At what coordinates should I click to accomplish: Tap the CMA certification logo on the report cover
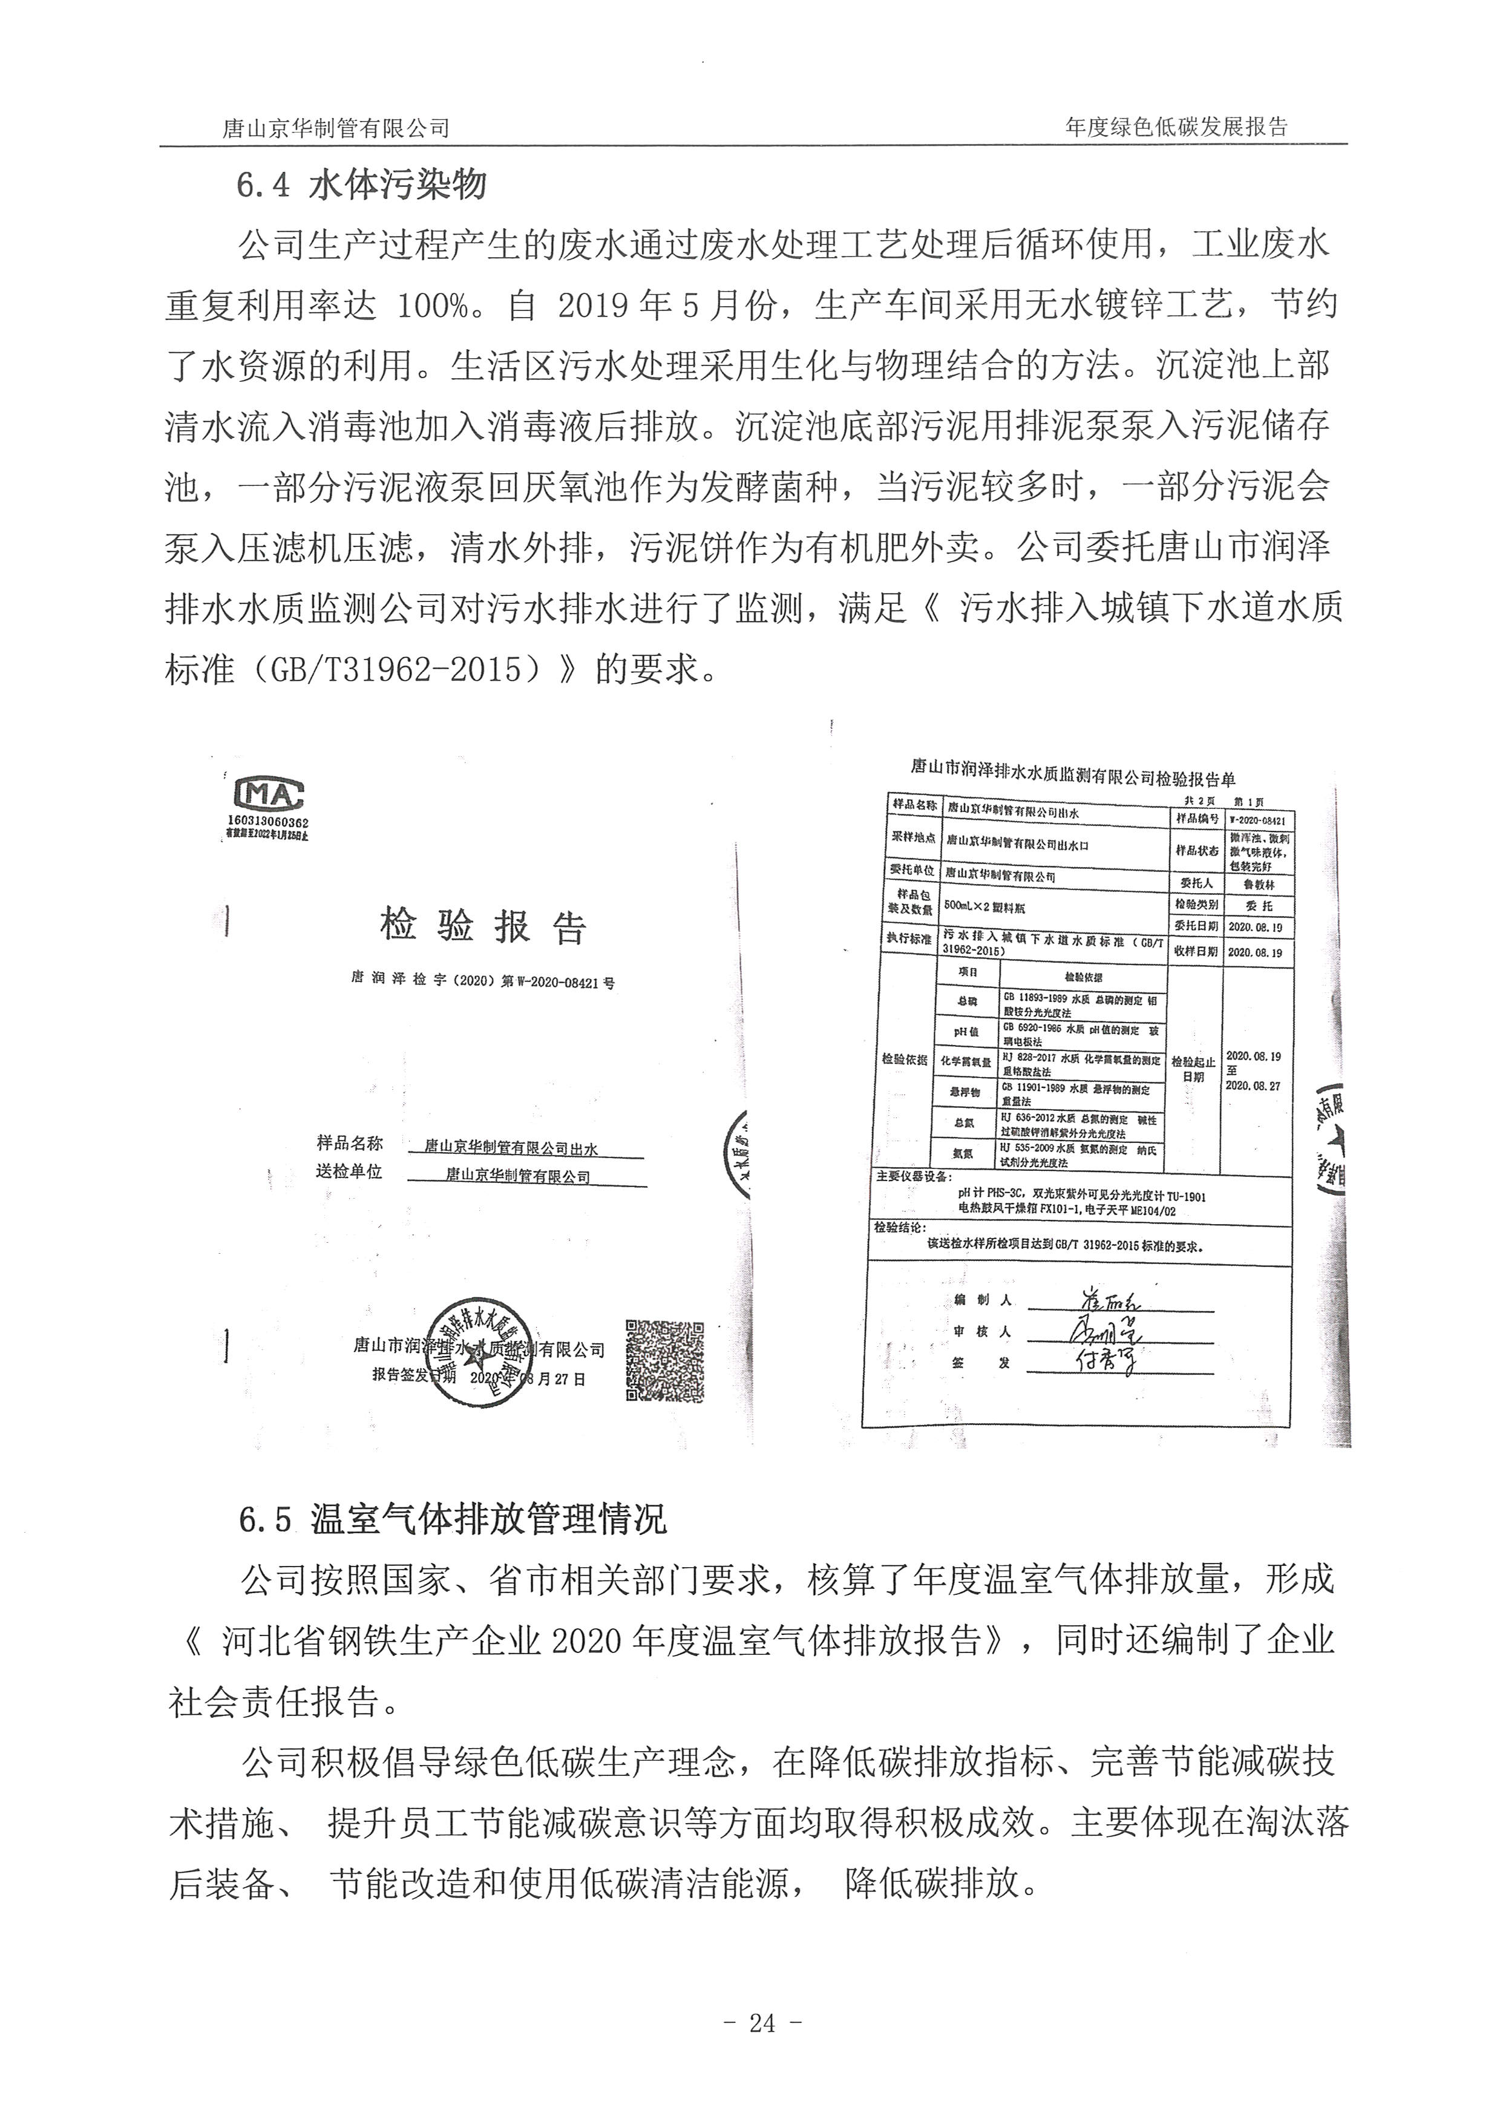(x=269, y=794)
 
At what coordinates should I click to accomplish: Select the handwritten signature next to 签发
(x=1105, y=1360)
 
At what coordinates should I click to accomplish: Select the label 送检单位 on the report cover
(x=349, y=1171)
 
